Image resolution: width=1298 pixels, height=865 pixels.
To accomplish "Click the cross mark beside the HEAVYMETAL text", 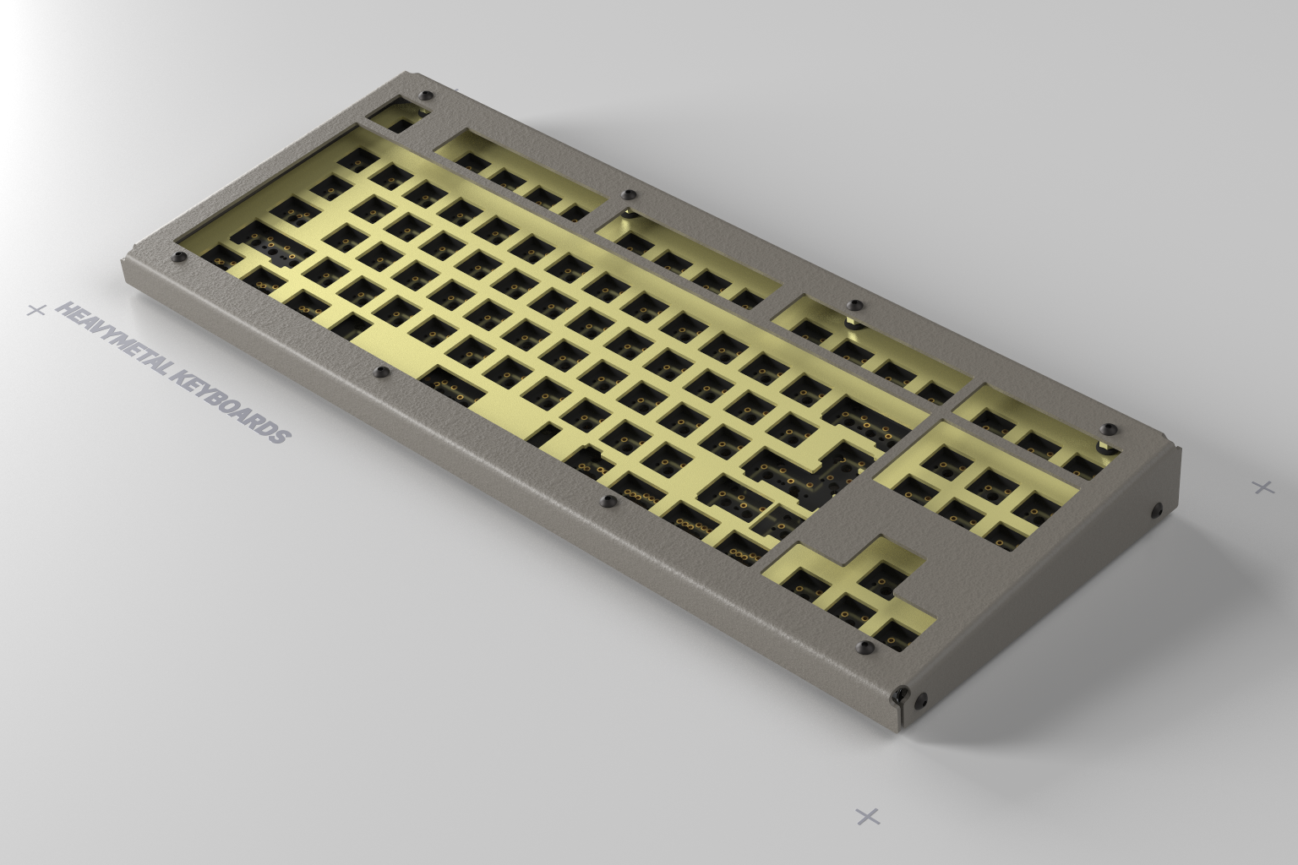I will click(x=35, y=310).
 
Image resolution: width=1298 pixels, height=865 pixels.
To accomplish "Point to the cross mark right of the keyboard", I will click(x=1263, y=487).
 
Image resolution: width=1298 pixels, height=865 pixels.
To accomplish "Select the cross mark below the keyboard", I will click(x=868, y=816).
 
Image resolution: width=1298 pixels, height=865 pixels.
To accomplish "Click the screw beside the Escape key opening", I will click(x=426, y=95).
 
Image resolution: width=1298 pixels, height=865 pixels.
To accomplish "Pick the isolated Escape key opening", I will click(x=395, y=117).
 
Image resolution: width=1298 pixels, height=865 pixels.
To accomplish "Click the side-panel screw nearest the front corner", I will click(x=921, y=699).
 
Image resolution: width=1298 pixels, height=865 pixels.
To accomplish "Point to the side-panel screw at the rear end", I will click(x=1156, y=509).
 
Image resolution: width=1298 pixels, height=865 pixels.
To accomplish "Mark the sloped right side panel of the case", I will click(x=1056, y=591).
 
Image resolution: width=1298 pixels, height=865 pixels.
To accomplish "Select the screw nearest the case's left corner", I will click(x=177, y=256).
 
